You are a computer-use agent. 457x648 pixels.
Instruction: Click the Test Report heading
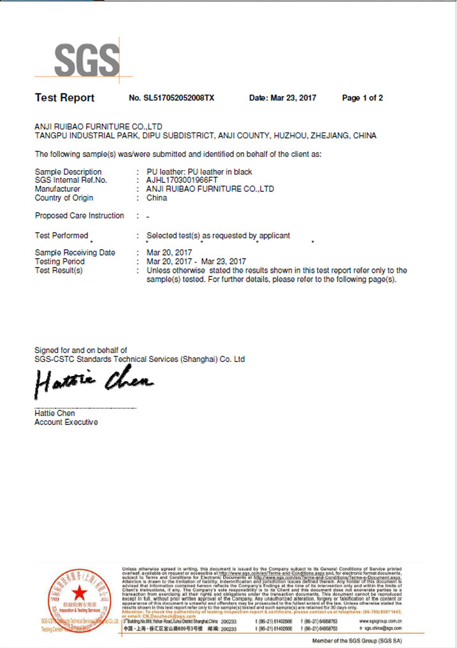[x=64, y=97]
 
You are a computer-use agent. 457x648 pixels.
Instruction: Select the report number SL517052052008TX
[x=172, y=98]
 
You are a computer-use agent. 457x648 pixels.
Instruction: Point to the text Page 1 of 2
[x=362, y=98]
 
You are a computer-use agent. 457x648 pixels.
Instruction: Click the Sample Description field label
[x=68, y=172]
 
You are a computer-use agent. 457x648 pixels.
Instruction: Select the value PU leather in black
[x=199, y=172]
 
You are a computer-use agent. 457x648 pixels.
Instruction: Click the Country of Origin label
[x=64, y=198]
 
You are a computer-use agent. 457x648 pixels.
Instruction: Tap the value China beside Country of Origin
[x=157, y=198]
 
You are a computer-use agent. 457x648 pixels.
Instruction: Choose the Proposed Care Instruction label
[x=79, y=215]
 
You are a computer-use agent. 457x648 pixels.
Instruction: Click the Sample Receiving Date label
[x=75, y=253]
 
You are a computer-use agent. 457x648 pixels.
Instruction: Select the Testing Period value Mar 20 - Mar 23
[x=196, y=261]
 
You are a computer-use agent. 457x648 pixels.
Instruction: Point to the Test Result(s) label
[x=59, y=270]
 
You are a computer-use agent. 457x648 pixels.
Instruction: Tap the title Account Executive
[x=66, y=422]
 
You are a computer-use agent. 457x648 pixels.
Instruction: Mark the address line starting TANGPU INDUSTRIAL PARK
[x=205, y=136]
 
